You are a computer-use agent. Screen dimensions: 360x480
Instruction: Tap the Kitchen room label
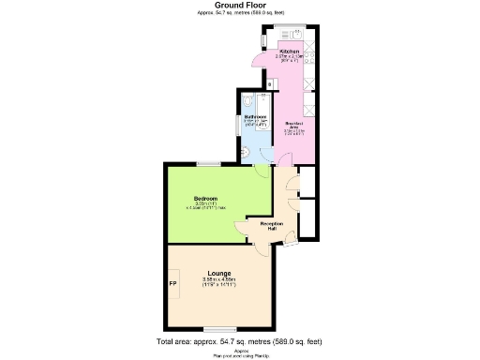(x=290, y=51)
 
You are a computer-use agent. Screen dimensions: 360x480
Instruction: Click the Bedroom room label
(x=206, y=199)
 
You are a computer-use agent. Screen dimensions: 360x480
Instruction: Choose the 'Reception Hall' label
(x=272, y=225)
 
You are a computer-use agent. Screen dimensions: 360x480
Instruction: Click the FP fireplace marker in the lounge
(x=172, y=284)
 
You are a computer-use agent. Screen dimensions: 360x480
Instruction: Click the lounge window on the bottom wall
(x=217, y=327)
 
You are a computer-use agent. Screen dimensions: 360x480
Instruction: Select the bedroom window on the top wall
(x=209, y=164)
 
